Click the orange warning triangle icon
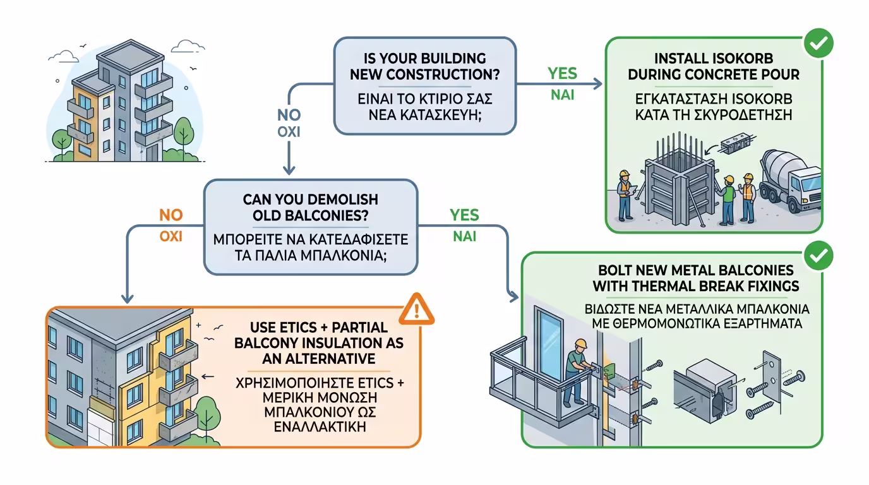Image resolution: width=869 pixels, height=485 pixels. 417,308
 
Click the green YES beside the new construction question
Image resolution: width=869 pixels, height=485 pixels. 561,74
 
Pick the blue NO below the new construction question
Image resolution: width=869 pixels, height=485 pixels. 289,116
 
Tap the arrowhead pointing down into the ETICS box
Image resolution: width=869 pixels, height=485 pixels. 128,298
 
